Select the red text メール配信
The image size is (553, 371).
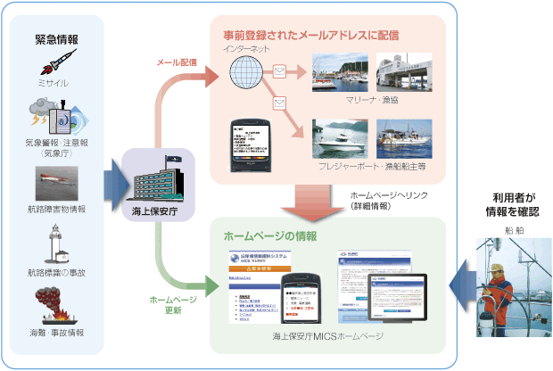click(x=177, y=63)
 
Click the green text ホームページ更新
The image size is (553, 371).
click(x=167, y=304)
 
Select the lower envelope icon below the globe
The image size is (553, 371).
click(x=279, y=104)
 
